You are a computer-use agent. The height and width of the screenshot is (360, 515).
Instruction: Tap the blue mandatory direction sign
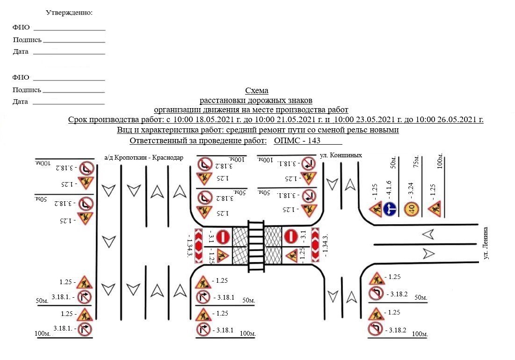[x=390, y=209]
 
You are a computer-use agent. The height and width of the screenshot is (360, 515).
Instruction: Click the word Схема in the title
[x=257, y=90]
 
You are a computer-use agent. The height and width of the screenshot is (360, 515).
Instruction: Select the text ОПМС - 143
[x=297, y=140]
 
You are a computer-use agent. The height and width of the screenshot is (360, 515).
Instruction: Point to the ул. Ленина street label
[x=486, y=243]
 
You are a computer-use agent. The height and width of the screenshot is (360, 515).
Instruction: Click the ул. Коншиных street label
[x=341, y=155]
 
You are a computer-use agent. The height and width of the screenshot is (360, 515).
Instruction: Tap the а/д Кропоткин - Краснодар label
[x=144, y=157]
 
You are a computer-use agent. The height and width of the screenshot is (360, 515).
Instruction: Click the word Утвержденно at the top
[x=69, y=13]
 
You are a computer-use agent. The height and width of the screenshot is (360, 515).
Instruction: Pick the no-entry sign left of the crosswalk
[x=223, y=237]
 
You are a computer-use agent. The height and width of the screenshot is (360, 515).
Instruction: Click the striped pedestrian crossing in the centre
[x=256, y=246]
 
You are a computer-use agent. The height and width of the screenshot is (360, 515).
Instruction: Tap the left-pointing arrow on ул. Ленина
[x=428, y=235]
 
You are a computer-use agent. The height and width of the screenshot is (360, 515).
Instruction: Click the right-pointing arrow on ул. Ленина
[x=428, y=253]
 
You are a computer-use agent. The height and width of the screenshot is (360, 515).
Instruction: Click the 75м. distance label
[x=416, y=162]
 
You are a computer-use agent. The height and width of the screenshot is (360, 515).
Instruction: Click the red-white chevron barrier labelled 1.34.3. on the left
[x=199, y=246]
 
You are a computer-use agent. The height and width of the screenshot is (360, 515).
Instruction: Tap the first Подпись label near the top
[x=27, y=40]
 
